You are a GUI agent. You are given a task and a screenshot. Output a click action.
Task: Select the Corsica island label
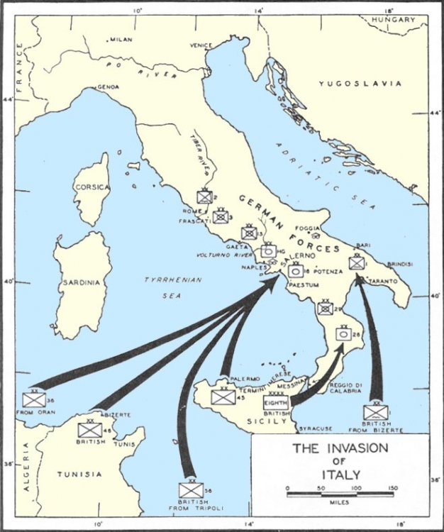91,187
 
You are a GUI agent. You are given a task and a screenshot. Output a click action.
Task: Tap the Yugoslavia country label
360,84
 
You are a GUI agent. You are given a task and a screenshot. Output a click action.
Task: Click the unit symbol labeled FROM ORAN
33,399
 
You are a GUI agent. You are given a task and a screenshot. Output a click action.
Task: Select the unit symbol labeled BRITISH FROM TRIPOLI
191,489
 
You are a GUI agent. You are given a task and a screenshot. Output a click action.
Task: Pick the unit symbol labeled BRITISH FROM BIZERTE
376,412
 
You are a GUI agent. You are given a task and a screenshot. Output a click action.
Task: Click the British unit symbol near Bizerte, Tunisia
90,429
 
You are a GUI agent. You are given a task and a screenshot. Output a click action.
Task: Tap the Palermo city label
245,379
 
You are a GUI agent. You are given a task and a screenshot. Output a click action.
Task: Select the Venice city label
201,45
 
